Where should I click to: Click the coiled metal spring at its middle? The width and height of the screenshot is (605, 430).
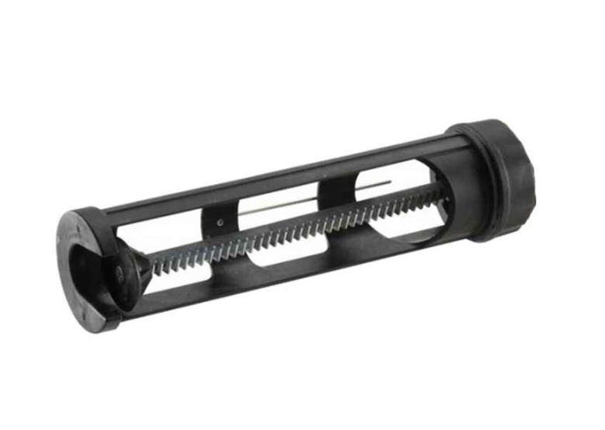click(x=295, y=230)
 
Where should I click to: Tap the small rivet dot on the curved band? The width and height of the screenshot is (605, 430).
click(x=220, y=221)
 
